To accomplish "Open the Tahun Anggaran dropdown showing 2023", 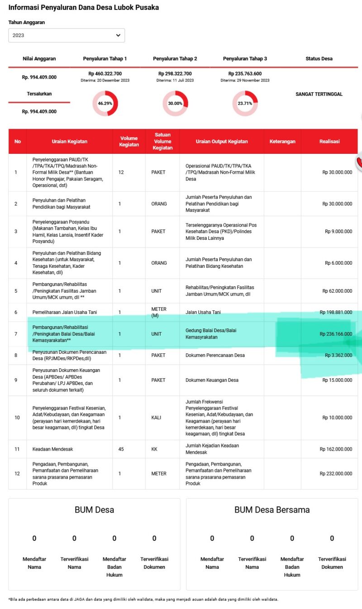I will (x=67, y=35).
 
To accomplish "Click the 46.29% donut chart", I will (x=105, y=103).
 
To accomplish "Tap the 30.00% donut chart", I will (x=175, y=103).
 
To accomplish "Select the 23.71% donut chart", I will (x=245, y=103).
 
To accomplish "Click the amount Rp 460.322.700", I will (x=105, y=74).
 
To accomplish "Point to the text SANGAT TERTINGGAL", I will (x=319, y=94).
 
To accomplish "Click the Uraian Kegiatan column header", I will (x=69, y=142).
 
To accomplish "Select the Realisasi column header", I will (x=329, y=142).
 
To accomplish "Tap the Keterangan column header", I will (x=282, y=142).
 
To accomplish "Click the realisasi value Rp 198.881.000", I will (x=336, y=312).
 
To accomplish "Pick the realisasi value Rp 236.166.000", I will (x=336, y=334).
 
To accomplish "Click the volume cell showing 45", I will (x=121, y=449).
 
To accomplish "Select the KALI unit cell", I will (x=156, y=418).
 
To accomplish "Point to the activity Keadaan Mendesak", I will (x=52, y=449).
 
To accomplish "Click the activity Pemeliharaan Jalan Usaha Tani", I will (x=65, y=312).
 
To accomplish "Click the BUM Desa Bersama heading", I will (x=272, y=510).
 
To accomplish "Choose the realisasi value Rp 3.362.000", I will (x=338, y=355).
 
